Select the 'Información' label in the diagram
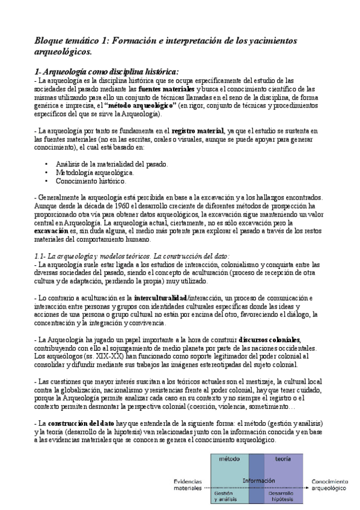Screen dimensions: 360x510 (259, 481)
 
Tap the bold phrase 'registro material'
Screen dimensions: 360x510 (195, 131)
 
